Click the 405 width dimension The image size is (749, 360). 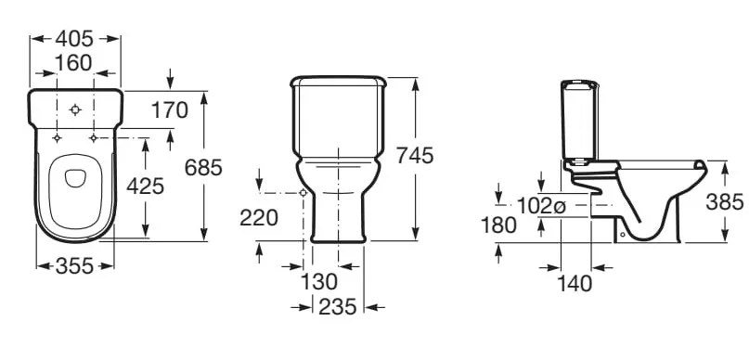click(74, 39)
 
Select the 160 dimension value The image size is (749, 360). click(73, 62)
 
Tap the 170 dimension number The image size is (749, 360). click(170, 110)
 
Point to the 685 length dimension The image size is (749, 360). click(203, 168)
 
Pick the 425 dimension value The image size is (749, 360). click(145, 186)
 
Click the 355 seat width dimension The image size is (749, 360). click(75, 266)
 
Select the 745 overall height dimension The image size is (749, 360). click(415, 156)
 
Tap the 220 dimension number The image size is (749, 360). click(258, 218)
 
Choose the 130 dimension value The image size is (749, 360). click(318, 282)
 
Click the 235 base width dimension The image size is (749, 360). click(337, 307)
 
